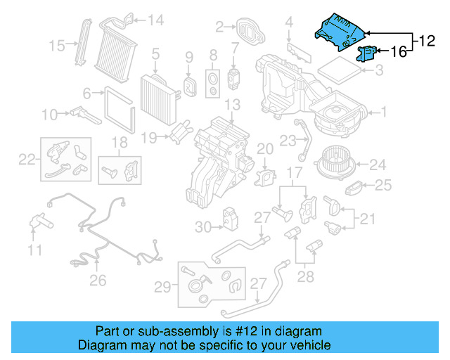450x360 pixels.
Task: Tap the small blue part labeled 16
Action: coord(368,52)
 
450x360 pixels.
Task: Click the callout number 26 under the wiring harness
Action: coord(97,281)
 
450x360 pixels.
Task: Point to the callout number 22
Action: coord(27,160)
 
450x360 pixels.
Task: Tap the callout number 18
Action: coord(120,143)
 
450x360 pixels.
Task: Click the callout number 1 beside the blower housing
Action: coord(384,111)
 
